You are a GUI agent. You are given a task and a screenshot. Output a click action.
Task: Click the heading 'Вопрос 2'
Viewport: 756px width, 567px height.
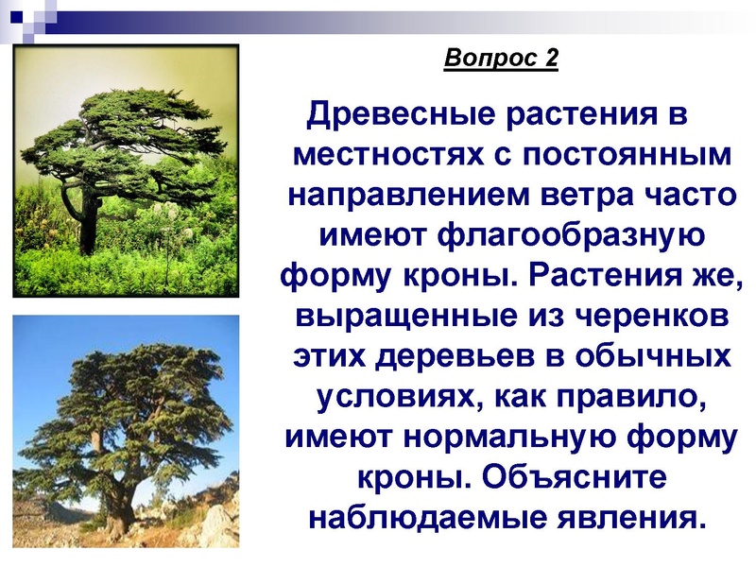pos(501,59)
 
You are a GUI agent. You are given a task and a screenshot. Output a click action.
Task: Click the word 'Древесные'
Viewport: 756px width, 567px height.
pos(398,116)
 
